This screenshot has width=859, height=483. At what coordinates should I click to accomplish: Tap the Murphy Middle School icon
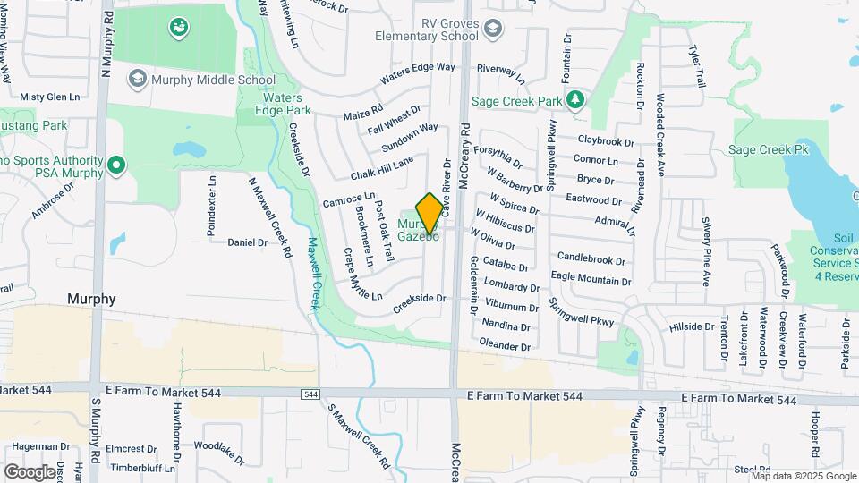[137, 80]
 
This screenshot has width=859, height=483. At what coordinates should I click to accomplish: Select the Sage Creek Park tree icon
[578, 97]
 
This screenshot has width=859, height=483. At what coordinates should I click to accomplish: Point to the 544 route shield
[310, 394]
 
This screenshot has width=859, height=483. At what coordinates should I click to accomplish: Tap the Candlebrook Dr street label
[591, 259]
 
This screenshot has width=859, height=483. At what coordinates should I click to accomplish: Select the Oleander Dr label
[505, 344]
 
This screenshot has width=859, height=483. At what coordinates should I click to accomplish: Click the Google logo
[30, 472]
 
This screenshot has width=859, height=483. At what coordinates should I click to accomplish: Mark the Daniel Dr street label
[248, 241]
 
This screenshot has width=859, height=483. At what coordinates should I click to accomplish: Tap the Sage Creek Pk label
[769, 150]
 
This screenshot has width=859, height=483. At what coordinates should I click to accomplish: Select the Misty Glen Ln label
[50, 97]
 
